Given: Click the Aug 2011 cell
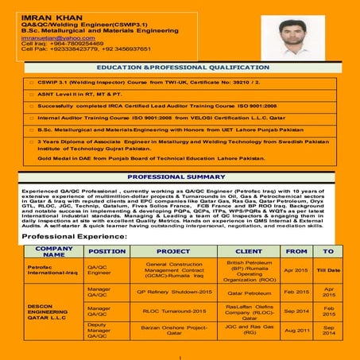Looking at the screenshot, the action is tap(296, 330).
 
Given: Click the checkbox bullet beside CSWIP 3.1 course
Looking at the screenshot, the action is tap(31, 82).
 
